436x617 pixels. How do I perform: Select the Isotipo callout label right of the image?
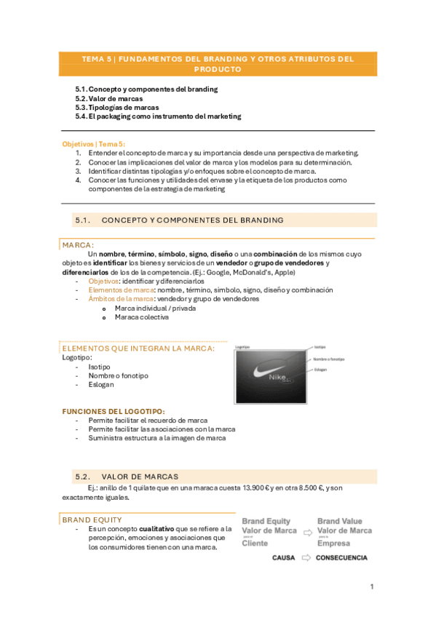(x=320, y=348)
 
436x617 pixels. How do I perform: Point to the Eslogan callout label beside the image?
(x=321, y=370)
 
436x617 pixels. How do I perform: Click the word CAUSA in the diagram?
(x=283, y=558)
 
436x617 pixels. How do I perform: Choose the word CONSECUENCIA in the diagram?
(x=342, y=558)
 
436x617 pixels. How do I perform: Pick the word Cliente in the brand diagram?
(x=255, y=543)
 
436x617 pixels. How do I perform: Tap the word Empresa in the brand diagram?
(x=333, y=543)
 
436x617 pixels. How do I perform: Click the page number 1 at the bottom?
(x=372, y=586)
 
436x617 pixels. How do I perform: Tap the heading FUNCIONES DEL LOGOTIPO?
(x=114, y=411)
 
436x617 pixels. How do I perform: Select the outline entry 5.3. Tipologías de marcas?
(x=116, y=107)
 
